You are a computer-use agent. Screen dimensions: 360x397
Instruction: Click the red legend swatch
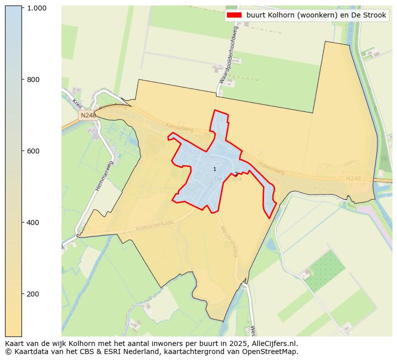(233, 15)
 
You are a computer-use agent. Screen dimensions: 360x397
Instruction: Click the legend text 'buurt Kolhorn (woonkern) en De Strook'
(316, 15)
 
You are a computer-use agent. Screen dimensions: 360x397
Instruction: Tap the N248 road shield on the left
(88, 115)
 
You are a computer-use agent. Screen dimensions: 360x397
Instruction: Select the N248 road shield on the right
(353, 178)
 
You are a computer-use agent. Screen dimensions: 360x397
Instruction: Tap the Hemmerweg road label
(104, 175)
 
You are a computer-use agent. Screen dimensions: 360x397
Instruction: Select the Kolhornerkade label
(154, 226)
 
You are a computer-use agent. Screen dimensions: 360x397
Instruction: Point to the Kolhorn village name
(203, 151)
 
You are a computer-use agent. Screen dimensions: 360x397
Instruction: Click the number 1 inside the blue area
(214, 169)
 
